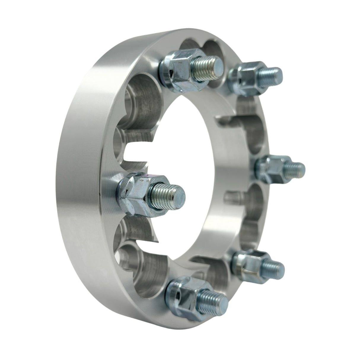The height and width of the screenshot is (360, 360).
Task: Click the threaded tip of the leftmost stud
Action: click(171, 195)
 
